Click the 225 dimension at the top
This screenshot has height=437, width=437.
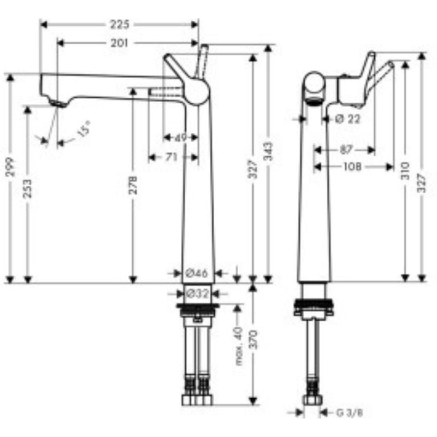coord(119,24)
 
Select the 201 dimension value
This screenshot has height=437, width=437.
coord(119,44)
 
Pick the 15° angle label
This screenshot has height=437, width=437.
coord(83,131)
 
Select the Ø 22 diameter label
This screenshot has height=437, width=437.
coord(347,119)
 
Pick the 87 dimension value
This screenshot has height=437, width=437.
coord(345,149)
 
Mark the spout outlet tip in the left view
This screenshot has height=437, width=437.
coord(56,103)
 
